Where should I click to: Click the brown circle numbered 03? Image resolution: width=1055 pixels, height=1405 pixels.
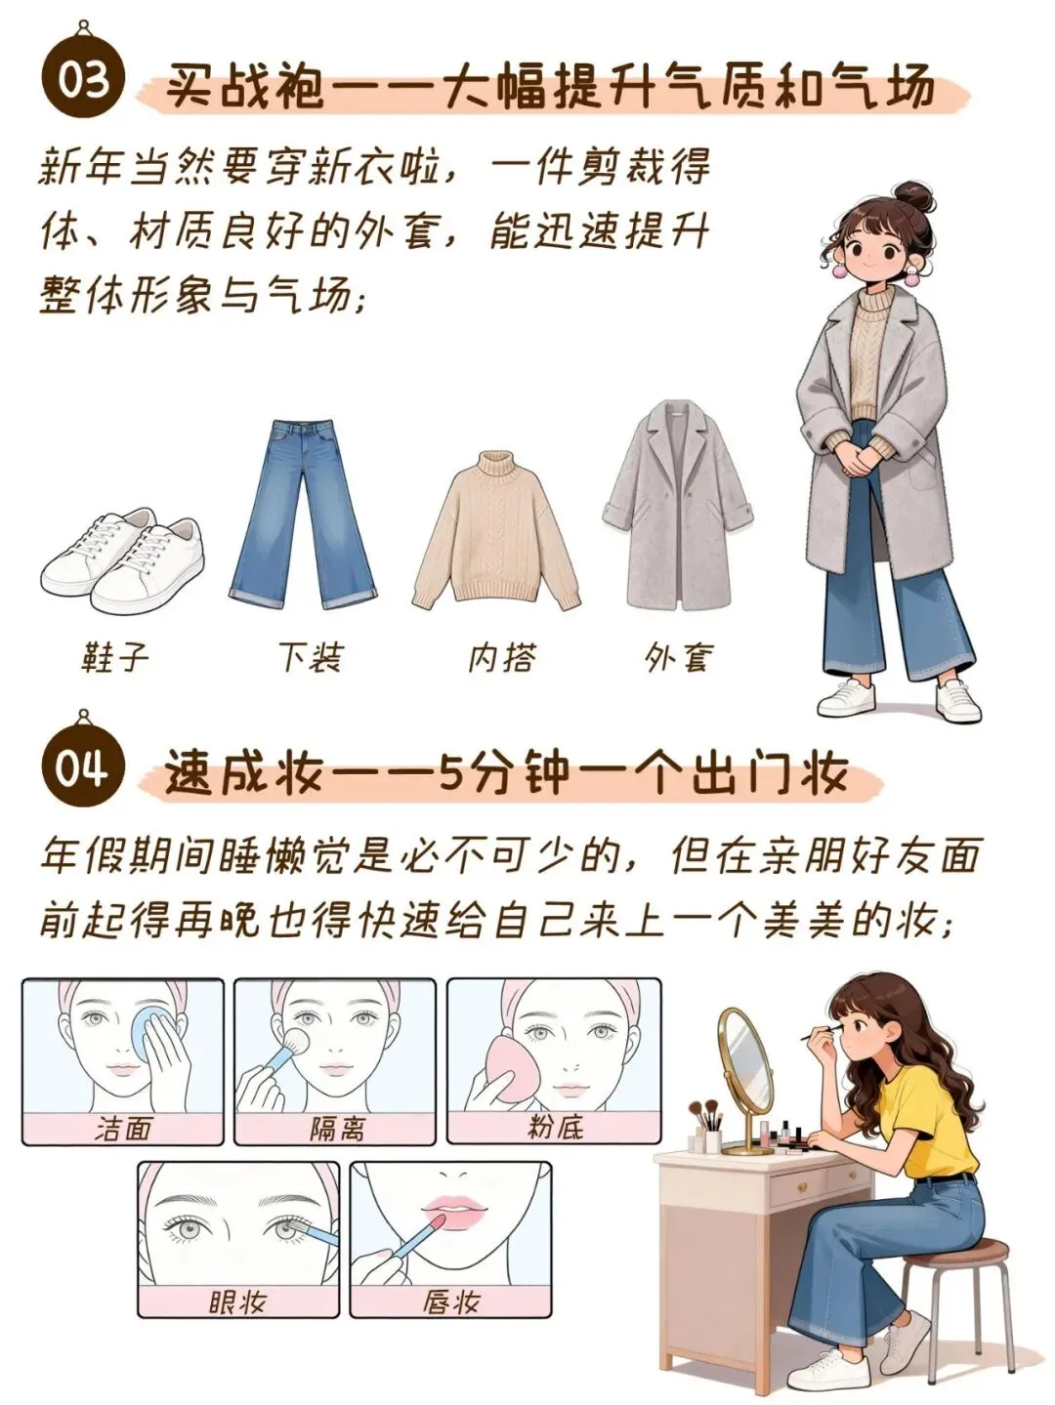(83, 82)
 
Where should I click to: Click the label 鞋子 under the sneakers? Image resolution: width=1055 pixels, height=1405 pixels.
(115, 657)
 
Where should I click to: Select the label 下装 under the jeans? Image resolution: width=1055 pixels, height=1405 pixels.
(311, 657)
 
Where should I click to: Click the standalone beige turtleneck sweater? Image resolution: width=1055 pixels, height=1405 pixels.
(497, 530)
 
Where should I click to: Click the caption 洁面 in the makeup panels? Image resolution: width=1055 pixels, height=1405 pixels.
(123, 1127)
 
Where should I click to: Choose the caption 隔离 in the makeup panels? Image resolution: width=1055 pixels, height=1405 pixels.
(335, 1127)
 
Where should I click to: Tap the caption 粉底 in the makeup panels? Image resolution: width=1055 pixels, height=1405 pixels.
(555, 1126)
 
